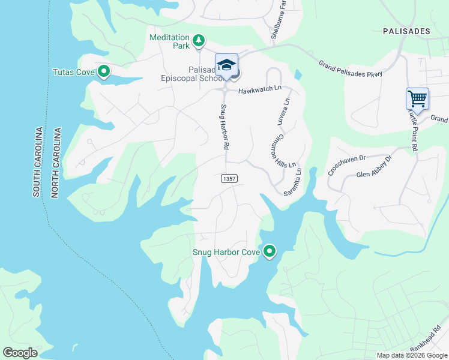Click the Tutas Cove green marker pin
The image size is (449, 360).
104,72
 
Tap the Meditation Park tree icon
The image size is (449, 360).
199,41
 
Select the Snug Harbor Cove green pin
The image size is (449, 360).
270,251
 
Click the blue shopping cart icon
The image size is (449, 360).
417,98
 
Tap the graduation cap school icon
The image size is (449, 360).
226,65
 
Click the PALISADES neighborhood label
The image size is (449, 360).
407,31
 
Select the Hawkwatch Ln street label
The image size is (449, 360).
259,89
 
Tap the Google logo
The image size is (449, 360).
20,353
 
